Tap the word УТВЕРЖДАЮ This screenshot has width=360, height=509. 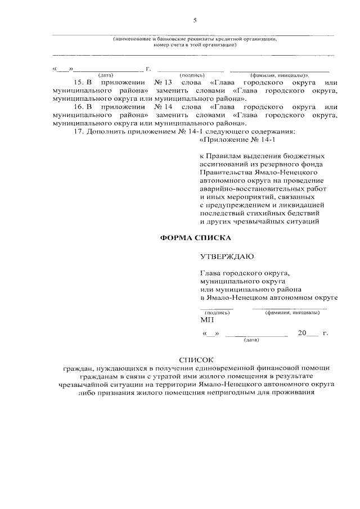pos(227,257)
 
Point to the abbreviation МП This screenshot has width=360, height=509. pos(206,319)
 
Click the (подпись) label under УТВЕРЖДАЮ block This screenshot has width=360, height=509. pos(217,312)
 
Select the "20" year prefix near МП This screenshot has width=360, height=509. pos(303,333)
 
